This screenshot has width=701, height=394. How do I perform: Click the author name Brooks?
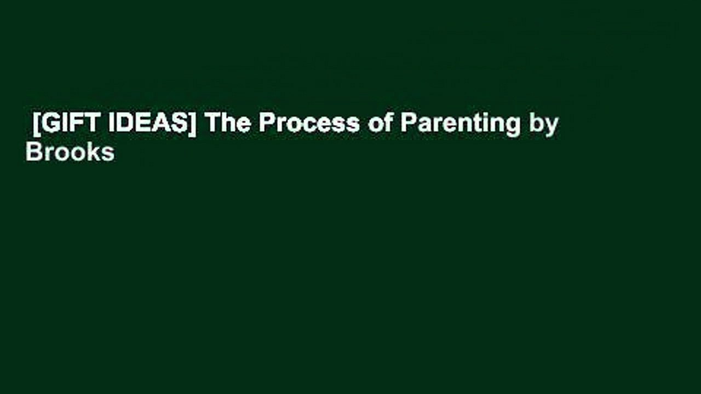(70, 153)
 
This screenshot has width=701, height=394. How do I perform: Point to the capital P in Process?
(266, 124)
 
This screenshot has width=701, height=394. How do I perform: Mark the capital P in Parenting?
(407, 124)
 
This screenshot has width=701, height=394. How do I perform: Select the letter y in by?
(551, 126)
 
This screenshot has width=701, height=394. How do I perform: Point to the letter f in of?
(387, 123)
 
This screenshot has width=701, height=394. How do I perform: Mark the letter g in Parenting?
(513, 126)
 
